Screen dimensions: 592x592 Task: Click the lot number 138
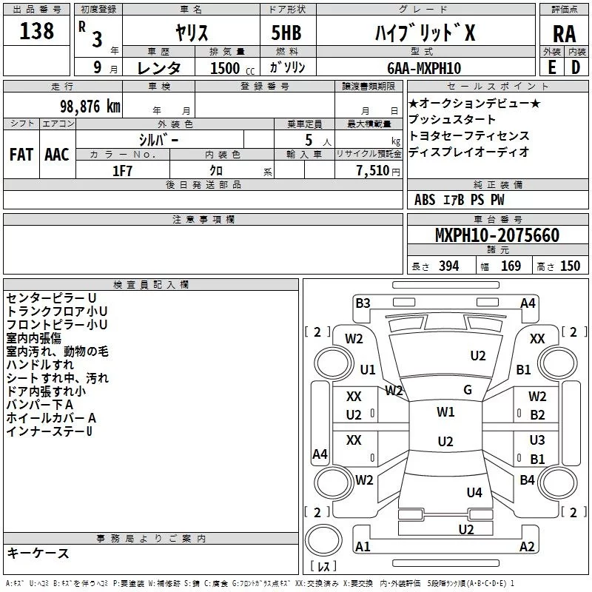click(x=37, y=31)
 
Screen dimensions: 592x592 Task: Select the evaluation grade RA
click(x=564, y=33)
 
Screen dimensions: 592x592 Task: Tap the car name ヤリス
click(x=191, y=33)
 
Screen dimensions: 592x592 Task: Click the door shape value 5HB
click(x=281, y=33)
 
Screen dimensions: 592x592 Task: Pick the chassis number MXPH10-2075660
click(x=497, y=235)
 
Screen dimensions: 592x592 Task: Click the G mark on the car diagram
click(x=468, y=390)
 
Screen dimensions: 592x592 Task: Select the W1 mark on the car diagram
click(x=445, y=412)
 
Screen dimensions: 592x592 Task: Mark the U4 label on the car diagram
click(x=474, y=492)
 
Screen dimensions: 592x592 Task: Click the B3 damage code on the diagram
click(x=363, y=303)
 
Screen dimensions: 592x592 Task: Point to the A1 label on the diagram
click(x=363, y=547)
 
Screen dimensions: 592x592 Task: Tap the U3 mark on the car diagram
click(x=537, y=440)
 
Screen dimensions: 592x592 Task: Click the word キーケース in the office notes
click(x=38, y=554)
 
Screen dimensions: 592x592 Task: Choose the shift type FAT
click(x=21, y=154)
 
